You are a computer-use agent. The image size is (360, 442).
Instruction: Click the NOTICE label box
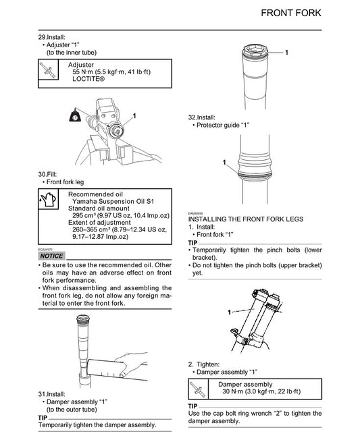coord(52,256)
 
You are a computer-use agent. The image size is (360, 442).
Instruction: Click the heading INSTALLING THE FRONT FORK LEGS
coord(246,220)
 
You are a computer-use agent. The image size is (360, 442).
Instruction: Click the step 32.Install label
coord(203,117)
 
